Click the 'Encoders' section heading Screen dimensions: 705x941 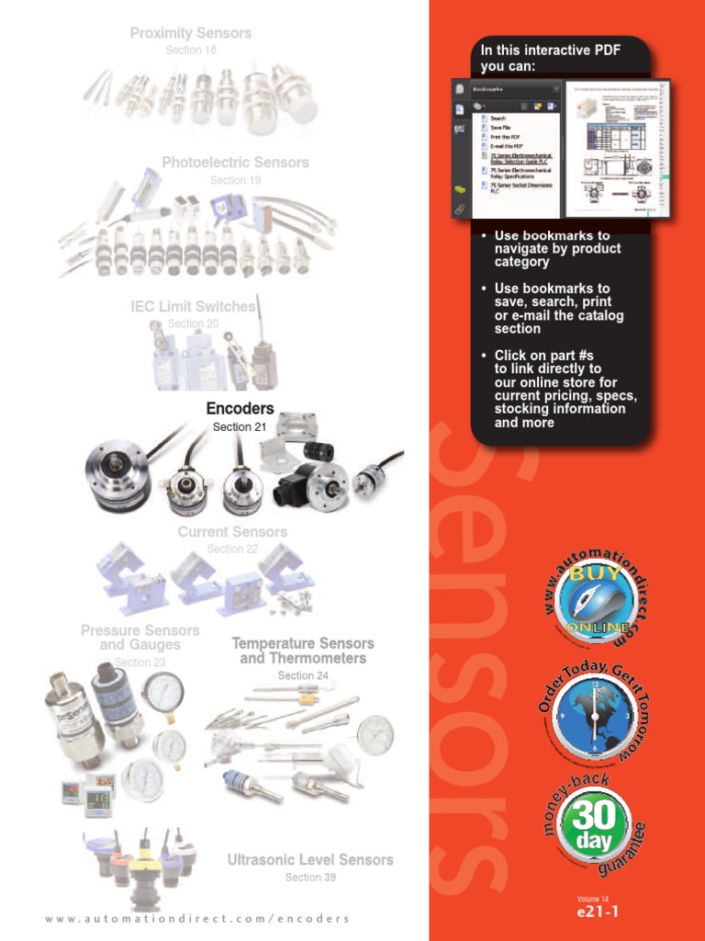point(240,409)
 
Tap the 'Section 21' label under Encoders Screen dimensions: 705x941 point(240,427)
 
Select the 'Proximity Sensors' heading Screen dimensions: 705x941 point(191,33)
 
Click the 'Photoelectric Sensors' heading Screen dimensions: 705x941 point(235,163)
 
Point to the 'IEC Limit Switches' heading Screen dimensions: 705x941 point(193,307)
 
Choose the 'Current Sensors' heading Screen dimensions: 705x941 point(232,532)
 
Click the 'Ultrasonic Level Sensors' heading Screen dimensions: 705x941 point(310,860)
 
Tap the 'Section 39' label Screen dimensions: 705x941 point(310,878)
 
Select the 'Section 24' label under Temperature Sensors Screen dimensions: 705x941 point(303,675)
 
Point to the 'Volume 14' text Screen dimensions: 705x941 point(593,898)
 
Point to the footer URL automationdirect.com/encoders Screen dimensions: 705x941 point(197,919)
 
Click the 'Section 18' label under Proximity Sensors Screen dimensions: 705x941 point(191,51)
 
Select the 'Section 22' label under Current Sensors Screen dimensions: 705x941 point(232,550)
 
